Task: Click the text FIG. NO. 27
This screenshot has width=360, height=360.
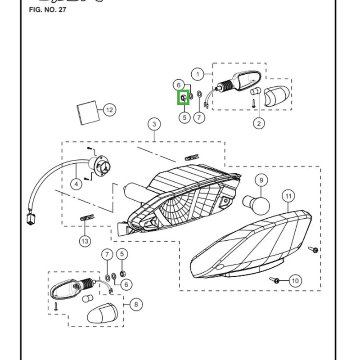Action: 47,9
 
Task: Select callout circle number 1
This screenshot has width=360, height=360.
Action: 198,74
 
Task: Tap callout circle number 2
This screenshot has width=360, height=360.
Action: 259,123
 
